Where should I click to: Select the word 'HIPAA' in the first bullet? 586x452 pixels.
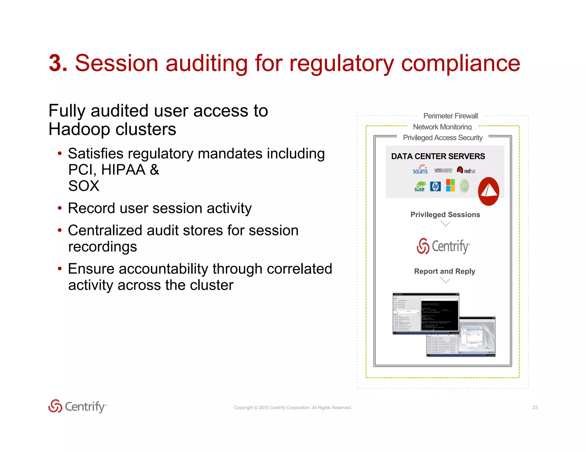[x=123, y=170]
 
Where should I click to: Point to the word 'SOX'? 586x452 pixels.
[x=84, y=186]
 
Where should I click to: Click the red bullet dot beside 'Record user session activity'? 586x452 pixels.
[x=60, y=208]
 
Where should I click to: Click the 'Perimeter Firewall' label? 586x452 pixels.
[x=450, y=116]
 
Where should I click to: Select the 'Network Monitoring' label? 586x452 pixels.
[x=442, y=127]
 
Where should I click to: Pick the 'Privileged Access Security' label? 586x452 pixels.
[x=443, y=138]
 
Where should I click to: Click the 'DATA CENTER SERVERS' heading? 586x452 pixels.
[x=438, y=156]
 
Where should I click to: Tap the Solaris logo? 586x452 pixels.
[x=420, y=169]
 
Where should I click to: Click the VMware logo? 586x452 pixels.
[x=443, y=171]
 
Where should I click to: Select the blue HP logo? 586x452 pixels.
[x=435, y=187]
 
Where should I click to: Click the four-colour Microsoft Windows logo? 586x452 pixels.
[x=450, y=185]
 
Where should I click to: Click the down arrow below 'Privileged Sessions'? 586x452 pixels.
[x=445, y=224]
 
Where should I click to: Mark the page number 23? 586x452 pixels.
[x=535, y=407]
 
